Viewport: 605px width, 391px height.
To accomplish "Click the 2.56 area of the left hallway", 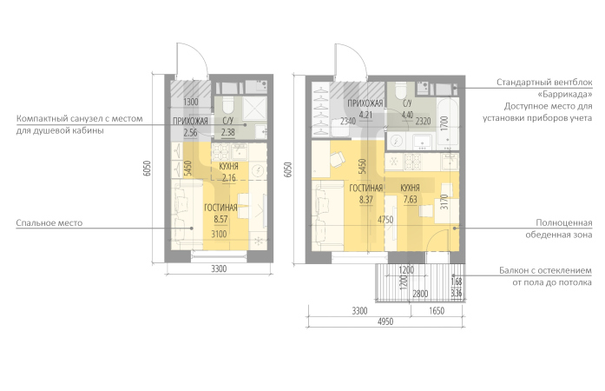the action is coord(190,133).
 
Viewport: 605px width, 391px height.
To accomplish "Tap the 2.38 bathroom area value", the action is coord(227,133).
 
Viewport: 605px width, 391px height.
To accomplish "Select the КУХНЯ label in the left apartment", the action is coord(229,167).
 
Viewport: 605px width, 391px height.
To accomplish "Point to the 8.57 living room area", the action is coord(220,220).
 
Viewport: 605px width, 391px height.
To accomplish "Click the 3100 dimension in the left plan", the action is coord(219,234).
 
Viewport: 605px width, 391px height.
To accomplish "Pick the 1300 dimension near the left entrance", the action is coord(191,103).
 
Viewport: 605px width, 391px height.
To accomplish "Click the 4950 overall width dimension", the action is coord(385,321).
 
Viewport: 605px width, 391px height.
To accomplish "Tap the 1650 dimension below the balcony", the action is coord(437,311).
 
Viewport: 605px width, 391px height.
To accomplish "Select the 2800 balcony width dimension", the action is coord(420,294).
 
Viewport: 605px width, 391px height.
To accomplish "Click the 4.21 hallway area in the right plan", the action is coord(365,115).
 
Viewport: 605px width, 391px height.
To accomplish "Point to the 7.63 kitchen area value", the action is coord(411,200).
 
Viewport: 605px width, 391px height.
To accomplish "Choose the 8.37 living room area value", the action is coord(366,200).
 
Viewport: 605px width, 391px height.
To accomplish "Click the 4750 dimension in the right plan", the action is coord(385,220).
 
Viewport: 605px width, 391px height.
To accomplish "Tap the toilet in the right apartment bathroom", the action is coord(400,91).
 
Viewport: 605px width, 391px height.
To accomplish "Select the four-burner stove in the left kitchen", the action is coord(221,152).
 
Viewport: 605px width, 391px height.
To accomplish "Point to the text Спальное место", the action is coord(49,223).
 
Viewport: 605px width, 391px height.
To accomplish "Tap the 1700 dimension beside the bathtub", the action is coord(444,124).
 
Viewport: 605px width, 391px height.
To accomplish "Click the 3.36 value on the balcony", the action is coord(457,293).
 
